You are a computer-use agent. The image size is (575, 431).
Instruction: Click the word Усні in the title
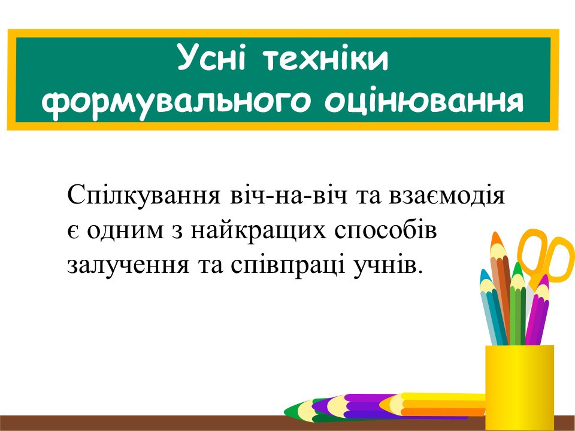(211, 58)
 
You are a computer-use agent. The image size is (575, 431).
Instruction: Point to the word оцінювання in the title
(424, 102)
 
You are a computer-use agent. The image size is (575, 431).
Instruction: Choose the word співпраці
(288, 265)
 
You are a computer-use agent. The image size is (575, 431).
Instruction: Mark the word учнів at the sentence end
(385, 265)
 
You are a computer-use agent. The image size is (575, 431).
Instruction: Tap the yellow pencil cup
(519, 387)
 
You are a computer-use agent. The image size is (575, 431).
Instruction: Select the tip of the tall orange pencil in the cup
(496, 234)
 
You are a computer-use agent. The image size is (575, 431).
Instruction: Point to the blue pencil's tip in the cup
(484, 273)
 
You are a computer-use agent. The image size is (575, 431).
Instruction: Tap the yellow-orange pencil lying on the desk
(432, 404)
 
